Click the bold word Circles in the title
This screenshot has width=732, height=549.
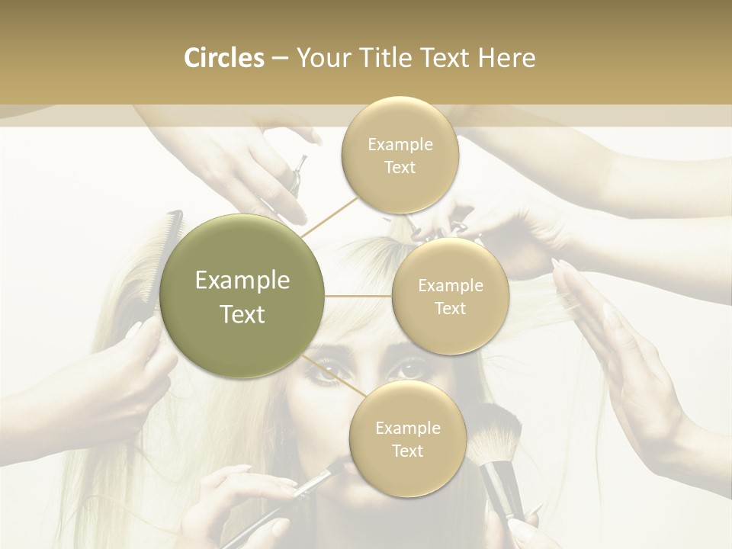click(223, 58)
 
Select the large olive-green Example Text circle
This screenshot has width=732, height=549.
click(242, 297)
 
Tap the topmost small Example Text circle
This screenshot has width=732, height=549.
click(400, 156)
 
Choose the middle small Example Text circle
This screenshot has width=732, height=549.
click(450, 297)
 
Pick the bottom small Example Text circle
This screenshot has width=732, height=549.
click(407, 439)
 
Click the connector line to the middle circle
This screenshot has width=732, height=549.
click(358, 296)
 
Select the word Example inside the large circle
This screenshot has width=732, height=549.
click(242, 281)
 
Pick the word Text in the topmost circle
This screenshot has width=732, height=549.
click(400, 167)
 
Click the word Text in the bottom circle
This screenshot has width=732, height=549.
click(407, 451)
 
